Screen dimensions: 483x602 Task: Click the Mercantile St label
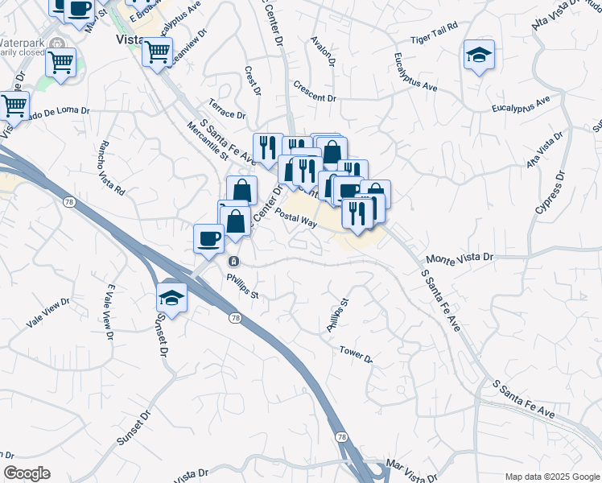[x=207, y=140]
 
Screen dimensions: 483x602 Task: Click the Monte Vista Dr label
[x=458, y=258]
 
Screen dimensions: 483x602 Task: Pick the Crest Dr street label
[x=253, y=81]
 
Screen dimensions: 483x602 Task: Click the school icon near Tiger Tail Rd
[x=479, y=56]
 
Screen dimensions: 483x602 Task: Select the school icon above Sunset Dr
[x=172, y=297]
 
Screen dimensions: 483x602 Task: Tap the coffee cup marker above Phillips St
[x=209, y=238]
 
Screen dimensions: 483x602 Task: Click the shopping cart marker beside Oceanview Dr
[x=157, y=52]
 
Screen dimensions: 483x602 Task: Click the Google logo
[x=27, y=473]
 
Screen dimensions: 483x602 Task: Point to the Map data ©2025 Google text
[x=551, y=477]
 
